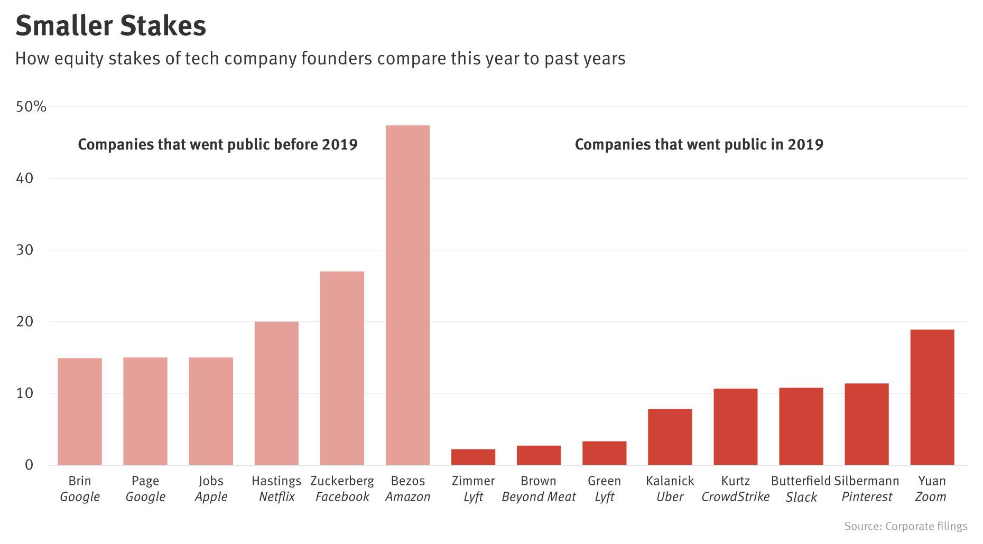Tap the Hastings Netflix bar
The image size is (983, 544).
point(276,393)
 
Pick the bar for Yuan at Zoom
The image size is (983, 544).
point(932,397)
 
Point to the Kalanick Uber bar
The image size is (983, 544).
point(670,437)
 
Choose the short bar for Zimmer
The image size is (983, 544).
point(473,457)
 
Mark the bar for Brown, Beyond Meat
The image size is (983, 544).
point(539,455)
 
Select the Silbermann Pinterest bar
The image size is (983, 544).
point(866,424)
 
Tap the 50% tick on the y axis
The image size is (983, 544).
point(31,107)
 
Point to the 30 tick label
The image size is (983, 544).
point(24,250)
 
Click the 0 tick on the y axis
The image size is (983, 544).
point(29,465)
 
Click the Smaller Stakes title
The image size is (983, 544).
point(110,26)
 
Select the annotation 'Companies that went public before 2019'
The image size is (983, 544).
point(218,144)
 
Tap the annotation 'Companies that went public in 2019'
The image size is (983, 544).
point(699,144)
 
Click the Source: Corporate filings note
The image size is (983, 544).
point(905,526)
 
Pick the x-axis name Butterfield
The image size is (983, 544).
point(801,481)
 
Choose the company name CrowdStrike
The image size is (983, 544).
point(735,497)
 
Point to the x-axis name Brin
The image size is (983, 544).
point(80,481)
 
